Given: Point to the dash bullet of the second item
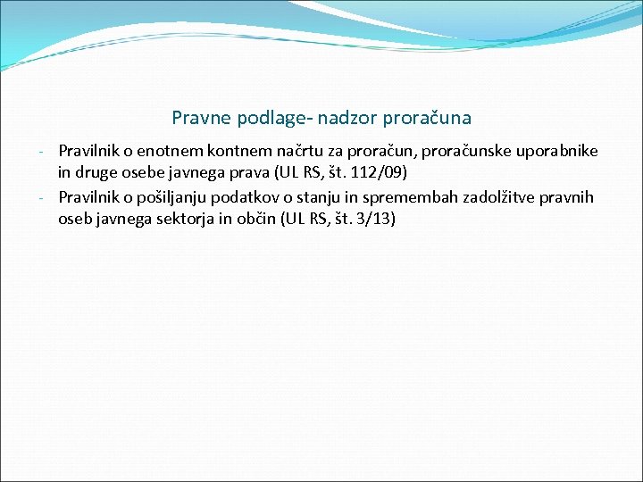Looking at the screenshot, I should [50, 197].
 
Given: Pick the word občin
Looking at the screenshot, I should [261, 216].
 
